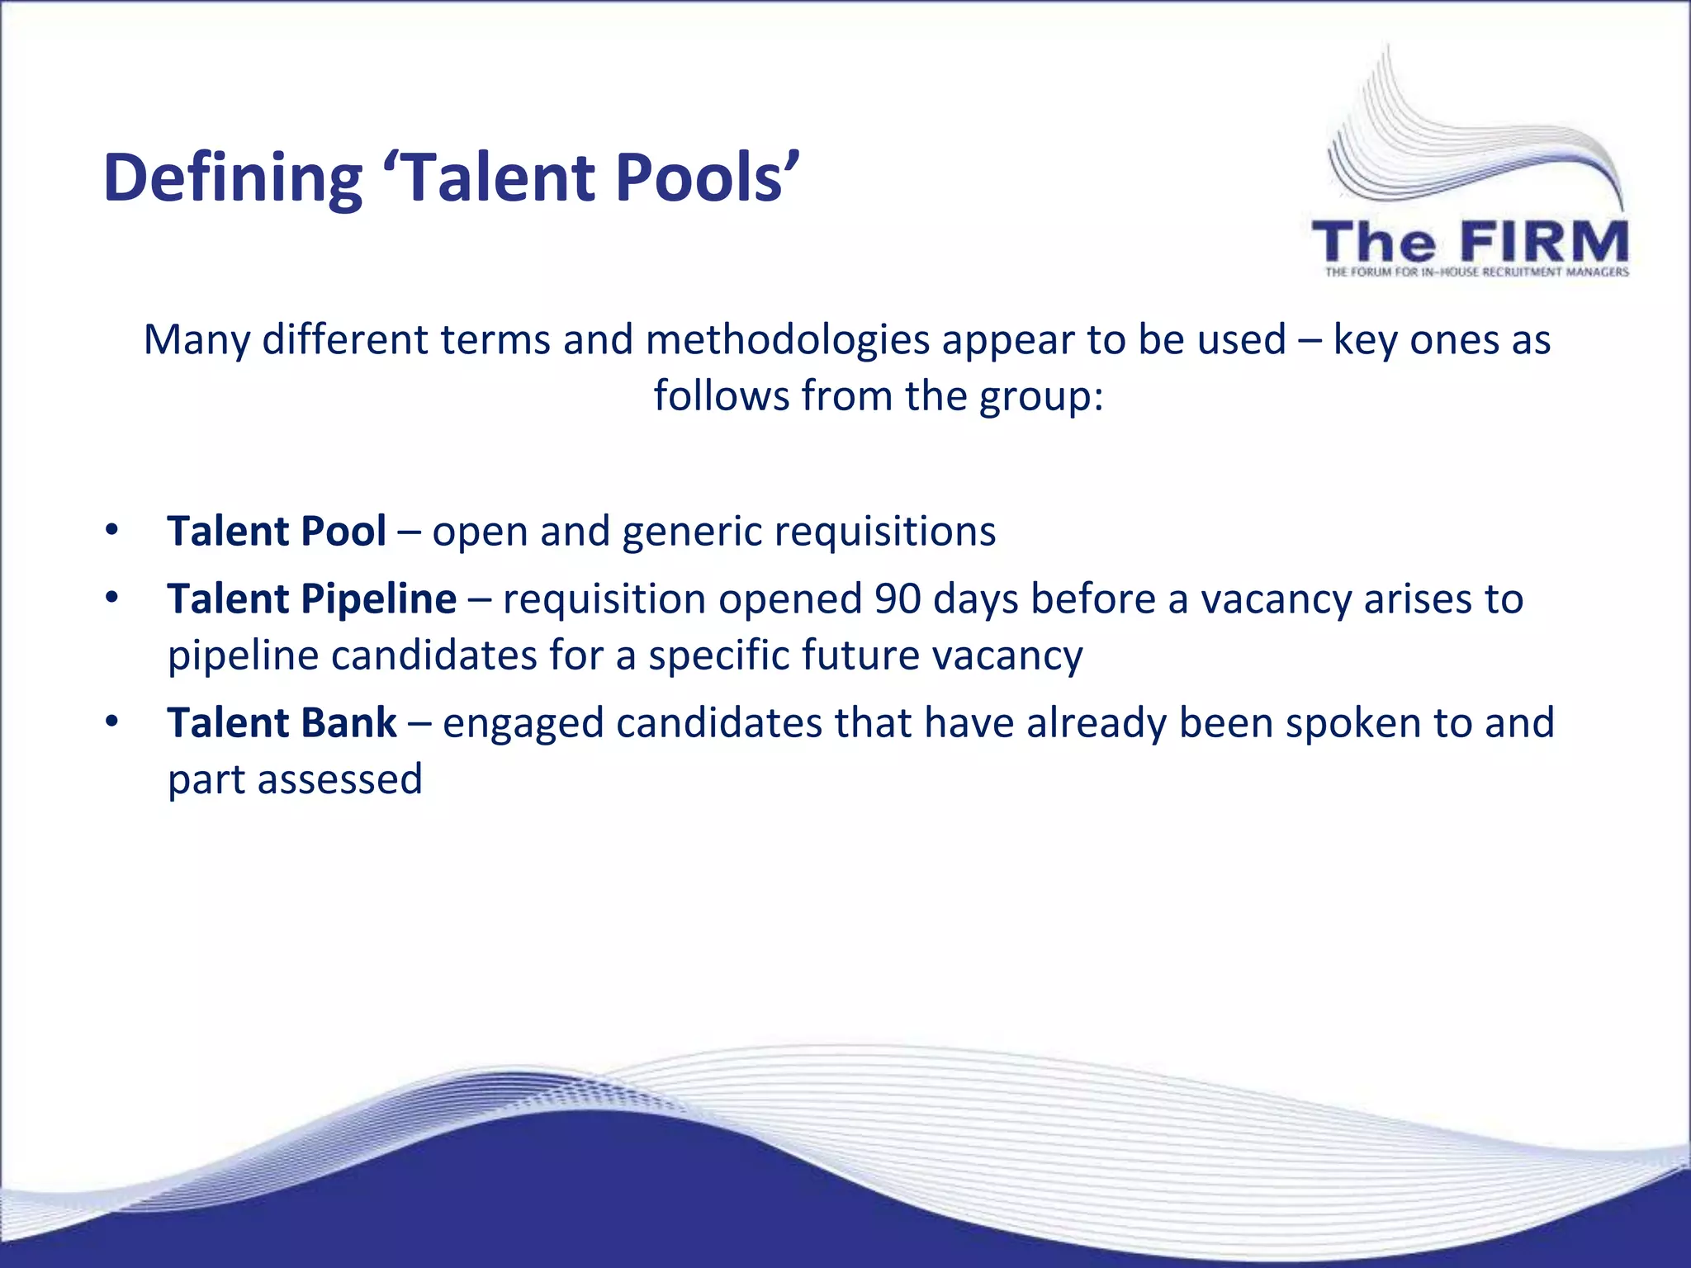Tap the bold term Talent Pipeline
[311, 599]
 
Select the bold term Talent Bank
[282, 723]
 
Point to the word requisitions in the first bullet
[891, 532]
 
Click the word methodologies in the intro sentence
[788, 340]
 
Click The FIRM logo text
[1470, 243]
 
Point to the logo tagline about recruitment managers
[1476, 272]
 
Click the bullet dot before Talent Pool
[112, 530]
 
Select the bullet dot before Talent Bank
[112, 722]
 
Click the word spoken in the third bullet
[1353, 723]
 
